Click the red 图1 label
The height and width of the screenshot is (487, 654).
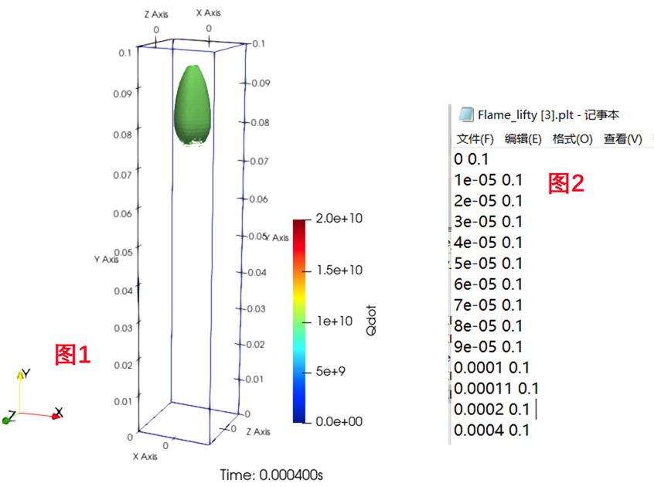pos(73,355)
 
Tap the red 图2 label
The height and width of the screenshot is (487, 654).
pos(566,183)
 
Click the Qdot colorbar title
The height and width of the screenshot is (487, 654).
pos(372,320)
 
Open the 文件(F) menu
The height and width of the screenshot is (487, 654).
pos(475,139)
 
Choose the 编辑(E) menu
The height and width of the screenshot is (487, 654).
pos(523,139)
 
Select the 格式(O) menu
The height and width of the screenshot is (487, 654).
pos(572,139)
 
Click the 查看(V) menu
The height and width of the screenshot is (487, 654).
pos(622,139)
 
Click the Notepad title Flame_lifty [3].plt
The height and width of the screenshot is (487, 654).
pos(537,115)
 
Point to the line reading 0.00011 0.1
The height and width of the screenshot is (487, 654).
pos(496,388)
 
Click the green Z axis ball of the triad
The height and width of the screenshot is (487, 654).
pos(7,419)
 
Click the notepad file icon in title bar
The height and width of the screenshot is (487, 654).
pos(466,115)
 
